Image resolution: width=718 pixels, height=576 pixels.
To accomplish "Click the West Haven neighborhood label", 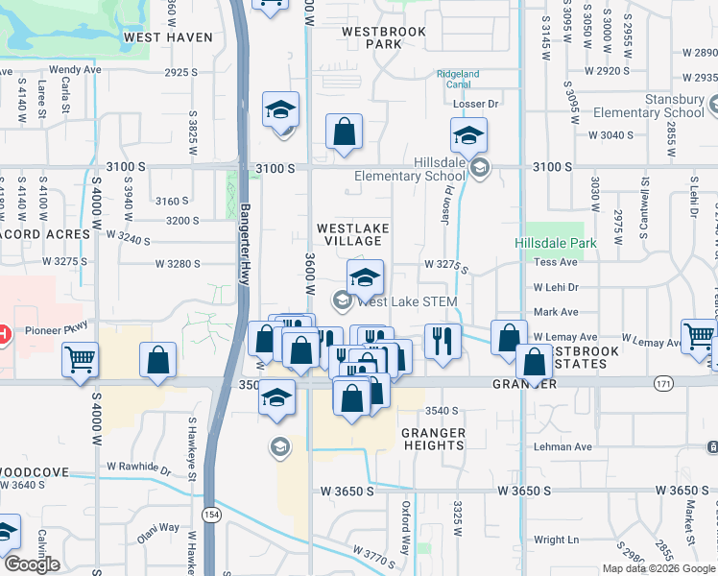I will pyautogui.click(x=168, y=37).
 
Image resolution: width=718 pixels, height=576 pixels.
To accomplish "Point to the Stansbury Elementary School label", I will pyautogui.click(x=661, y=106).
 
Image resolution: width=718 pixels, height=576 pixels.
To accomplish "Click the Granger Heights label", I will pyautogui.click(x=434, y=439).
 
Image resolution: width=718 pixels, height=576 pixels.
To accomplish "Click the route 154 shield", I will pyautogui.click(x=210, y=515).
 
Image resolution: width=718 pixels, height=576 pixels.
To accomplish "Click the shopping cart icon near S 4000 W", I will pyautogui.click(x=80, y=360).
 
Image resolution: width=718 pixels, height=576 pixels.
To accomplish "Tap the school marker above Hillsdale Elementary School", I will pyautogui.click(x=468, y=135).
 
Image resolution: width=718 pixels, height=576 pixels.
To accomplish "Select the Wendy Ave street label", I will pyautogui.click(x=75, y=70).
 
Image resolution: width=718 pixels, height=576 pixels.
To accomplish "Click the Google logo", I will pyautogui.click(x=32, y=564).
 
